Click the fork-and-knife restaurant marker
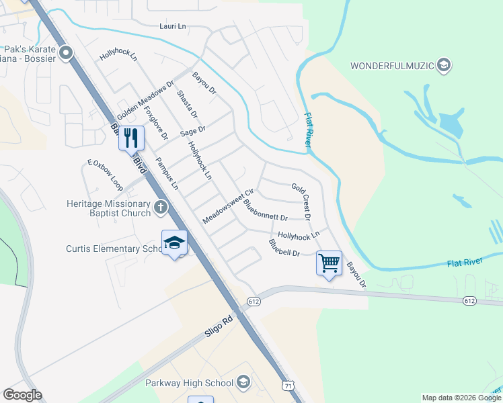coord(131,138)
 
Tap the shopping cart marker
coord(329,263)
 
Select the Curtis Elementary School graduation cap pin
coord(173,242)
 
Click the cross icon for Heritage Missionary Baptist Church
coord(160,208)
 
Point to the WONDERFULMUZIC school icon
coord(443,65)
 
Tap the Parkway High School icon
coord(243,383)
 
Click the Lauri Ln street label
coord(172,26)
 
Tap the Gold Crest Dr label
coord(301,201)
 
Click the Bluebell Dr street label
coord(283,247)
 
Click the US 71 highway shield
coord(288,386)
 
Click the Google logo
coord(22,395)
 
